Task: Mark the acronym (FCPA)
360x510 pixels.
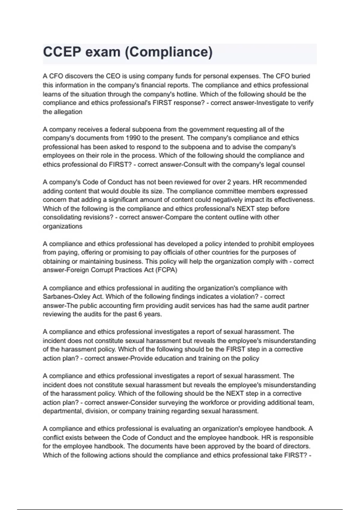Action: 166,270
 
